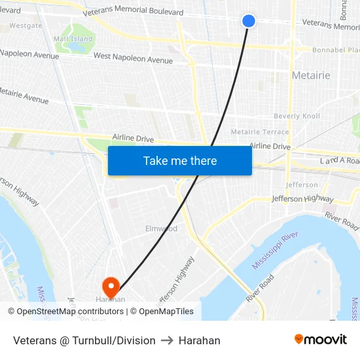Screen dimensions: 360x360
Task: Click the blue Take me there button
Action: point(180,161)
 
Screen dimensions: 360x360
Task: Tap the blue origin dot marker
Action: point(249,21)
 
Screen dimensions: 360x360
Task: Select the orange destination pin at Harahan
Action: point(110,287)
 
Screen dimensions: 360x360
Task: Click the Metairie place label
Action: point(311,75)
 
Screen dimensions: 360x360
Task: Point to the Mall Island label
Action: point(73,39)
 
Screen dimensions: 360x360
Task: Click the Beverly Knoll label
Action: point(297,117)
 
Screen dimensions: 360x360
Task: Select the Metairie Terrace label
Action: point(260,132)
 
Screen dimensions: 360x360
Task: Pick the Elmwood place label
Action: point(161,229)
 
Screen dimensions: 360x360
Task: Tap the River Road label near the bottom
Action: point(260,287)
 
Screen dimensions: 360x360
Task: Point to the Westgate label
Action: point(26,26)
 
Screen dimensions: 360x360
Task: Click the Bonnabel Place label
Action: point(335,50)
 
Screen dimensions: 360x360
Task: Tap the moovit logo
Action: point(320,340)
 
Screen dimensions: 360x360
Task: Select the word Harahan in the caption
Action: point(200,340)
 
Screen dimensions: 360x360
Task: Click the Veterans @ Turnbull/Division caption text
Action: point(84,340)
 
